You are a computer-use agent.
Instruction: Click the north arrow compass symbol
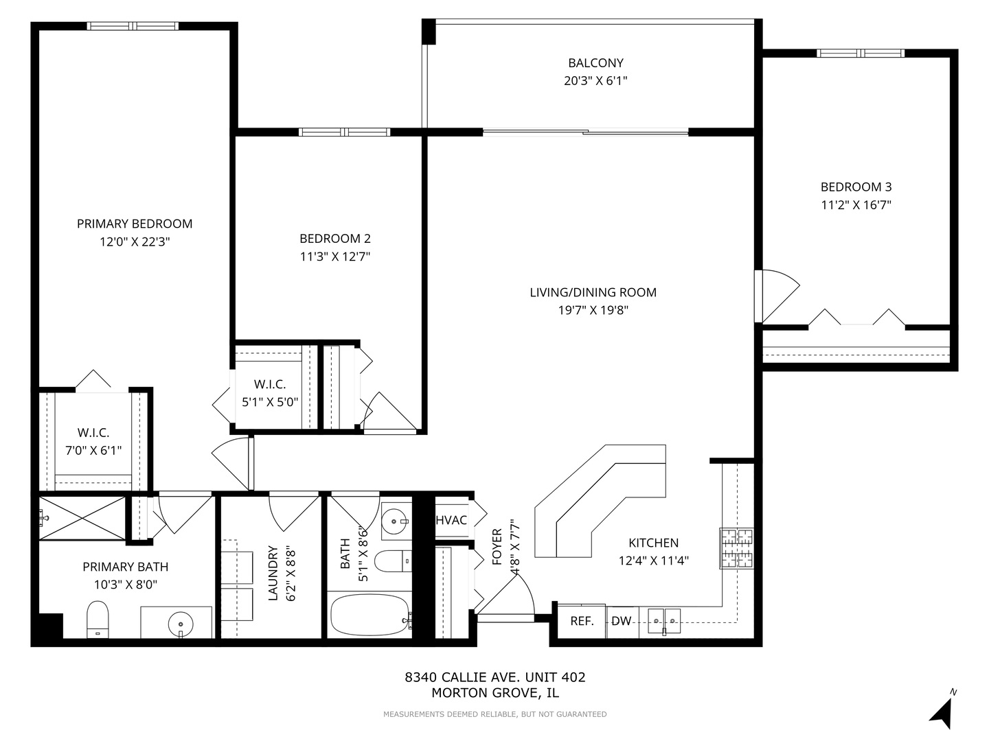click(942, 711)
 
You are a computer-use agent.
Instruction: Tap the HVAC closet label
click(451, 520)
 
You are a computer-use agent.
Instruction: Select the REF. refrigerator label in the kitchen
click(582, 622)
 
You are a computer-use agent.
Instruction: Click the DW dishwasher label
click(621, 622)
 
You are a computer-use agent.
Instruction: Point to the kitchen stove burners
click(736, 548)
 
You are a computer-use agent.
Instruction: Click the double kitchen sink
click(663, 620)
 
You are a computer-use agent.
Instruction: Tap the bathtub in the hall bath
click(370, 615)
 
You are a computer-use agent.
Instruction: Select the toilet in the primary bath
click(98, 619)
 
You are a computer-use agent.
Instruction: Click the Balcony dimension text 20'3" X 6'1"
click(595, 81)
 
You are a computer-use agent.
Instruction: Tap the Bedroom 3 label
click(856, 187)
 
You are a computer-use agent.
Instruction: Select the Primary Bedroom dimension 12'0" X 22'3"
click(134, 242)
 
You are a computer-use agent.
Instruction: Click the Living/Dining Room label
click(593, 292)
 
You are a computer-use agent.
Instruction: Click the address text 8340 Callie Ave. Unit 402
click(494, 677)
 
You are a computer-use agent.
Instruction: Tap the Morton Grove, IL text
click(494, 693)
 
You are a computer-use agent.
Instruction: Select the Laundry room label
click(273, 572)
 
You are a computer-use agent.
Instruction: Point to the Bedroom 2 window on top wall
click(344, 132)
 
